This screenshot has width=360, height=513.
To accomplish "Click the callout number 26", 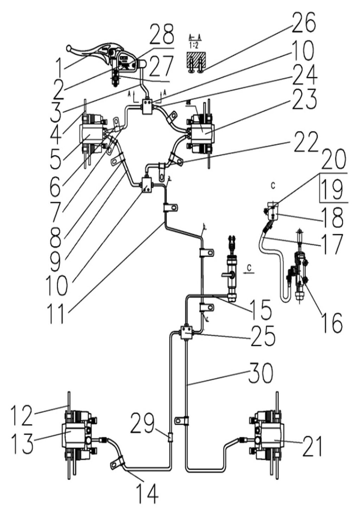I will click(303, 23).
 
